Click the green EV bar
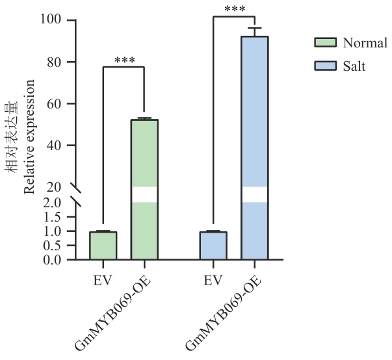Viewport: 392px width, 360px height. pos(103,246)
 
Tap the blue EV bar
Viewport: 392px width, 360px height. pos(213,246)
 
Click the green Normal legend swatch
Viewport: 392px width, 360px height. pos(324,43)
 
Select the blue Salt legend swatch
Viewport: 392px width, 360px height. pos(324,66)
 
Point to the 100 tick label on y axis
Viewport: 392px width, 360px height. pos(51,20)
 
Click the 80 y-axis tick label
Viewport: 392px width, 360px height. pos(54,62)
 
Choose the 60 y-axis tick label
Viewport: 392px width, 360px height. pos(54,103)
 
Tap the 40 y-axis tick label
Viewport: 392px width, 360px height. pos(54,145)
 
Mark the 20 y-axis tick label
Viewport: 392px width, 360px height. pos(54,187)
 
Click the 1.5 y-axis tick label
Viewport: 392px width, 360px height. pos(52,217)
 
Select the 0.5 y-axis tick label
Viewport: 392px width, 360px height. pos(52,246)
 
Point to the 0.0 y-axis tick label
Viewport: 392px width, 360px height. pos(52,260)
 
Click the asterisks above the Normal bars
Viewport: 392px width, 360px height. pos(124,61)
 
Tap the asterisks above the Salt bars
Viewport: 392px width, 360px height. pos(234,9)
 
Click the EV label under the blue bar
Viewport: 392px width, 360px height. pos(213,281)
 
